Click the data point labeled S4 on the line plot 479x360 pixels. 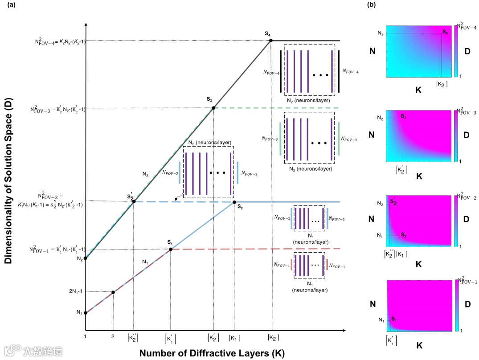coord(270,41)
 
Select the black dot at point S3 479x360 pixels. coord(213,108)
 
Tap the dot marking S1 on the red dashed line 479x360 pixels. coord(171,249)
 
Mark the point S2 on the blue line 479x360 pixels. coord(234,202)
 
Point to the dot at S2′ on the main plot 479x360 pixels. coord(134,201)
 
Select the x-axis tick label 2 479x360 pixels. coord(113,336)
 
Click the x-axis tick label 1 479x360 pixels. coord(85,336)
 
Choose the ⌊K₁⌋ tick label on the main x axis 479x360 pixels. coord(234,338)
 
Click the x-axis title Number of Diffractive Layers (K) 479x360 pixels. coord(212,353)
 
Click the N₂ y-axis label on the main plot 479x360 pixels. coord(79,258)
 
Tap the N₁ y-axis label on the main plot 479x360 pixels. coord(79,312)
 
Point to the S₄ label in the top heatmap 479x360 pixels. coord(445,31)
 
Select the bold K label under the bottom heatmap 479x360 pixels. coord(418,345)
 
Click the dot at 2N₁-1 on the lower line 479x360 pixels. coord(113,292)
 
